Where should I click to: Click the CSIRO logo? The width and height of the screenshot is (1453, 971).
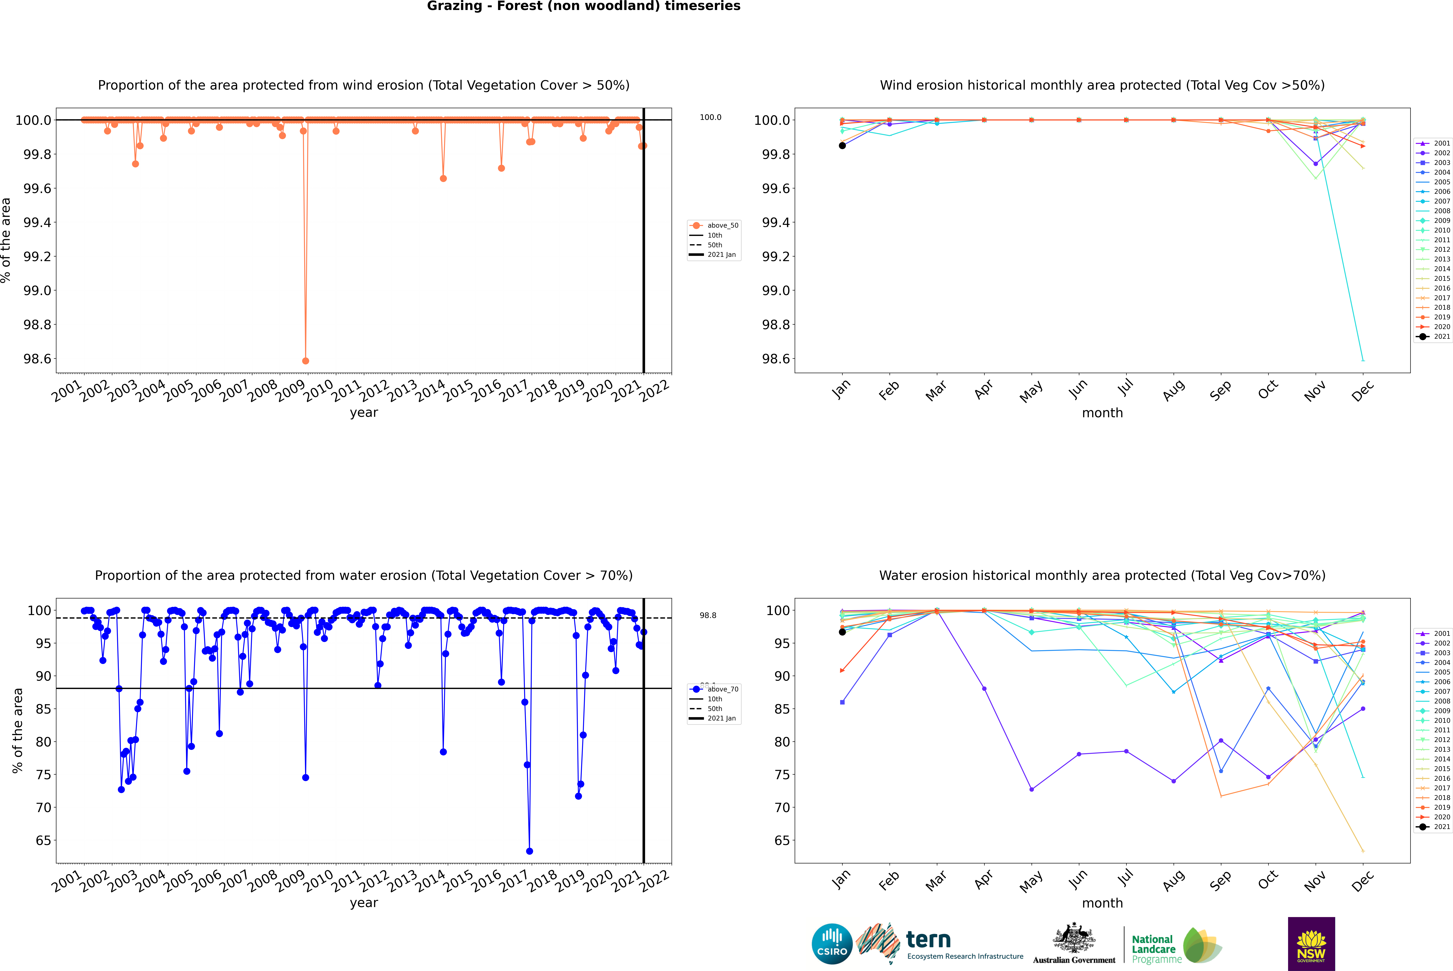click(x=832, y=944)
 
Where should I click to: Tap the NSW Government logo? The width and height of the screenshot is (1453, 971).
click(x=1311, y=944)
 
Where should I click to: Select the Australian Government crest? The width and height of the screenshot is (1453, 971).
click(x=1073, y=939)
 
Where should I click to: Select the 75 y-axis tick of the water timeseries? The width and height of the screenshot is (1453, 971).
click(x=43, y=775)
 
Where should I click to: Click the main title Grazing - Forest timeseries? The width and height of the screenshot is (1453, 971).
click(x=583, y=6)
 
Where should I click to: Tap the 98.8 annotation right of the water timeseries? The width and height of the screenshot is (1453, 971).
click(x=708, y=616)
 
